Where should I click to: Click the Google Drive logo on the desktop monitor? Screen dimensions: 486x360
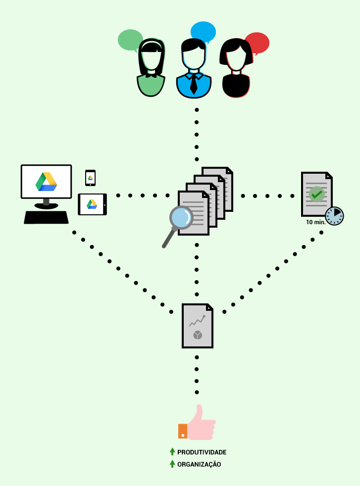(47, 182)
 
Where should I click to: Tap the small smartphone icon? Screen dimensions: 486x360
(90, 178)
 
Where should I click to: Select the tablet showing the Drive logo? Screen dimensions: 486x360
(92, 204)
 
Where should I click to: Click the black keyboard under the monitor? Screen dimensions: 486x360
(46, 217)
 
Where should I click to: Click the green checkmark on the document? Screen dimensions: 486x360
(316, 194)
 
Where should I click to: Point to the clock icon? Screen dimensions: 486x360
(334, 216)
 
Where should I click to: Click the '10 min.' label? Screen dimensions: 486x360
(315, 222)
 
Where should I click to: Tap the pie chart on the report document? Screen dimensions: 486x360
(198, 335)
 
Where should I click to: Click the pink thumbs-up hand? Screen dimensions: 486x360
(201, 424)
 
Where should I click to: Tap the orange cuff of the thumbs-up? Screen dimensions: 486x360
(183, 431)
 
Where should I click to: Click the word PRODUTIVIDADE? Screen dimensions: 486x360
(202, 452)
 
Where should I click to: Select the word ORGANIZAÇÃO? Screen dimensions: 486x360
(199, 464)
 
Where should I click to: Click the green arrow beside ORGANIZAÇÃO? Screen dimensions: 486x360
(172, 464)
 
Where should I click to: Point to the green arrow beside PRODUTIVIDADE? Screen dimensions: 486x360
(172, 451)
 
